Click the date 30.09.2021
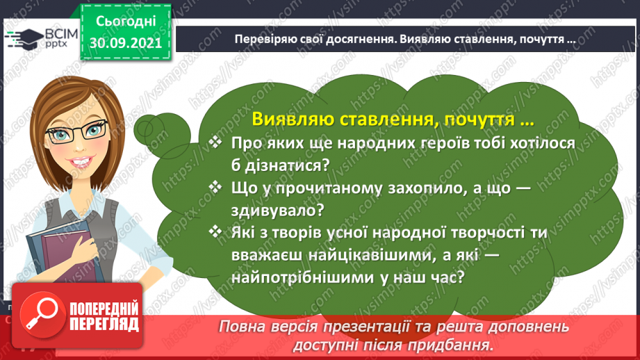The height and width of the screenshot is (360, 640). [x=126, y=42]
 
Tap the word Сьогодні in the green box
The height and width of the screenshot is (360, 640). [x=126, y=22]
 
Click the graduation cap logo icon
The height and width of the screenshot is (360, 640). [x=24, y=39]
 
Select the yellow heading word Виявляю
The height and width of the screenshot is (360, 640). [x=293, y=119]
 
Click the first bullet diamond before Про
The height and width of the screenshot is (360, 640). [x=215, y=142]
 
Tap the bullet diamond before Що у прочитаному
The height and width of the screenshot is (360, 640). [x=215, y=188]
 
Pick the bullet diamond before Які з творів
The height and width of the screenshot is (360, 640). [x=215, y=232]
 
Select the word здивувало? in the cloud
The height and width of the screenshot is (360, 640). [x=277, y=211]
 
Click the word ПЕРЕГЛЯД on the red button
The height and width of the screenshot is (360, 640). [x=104, y=325]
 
